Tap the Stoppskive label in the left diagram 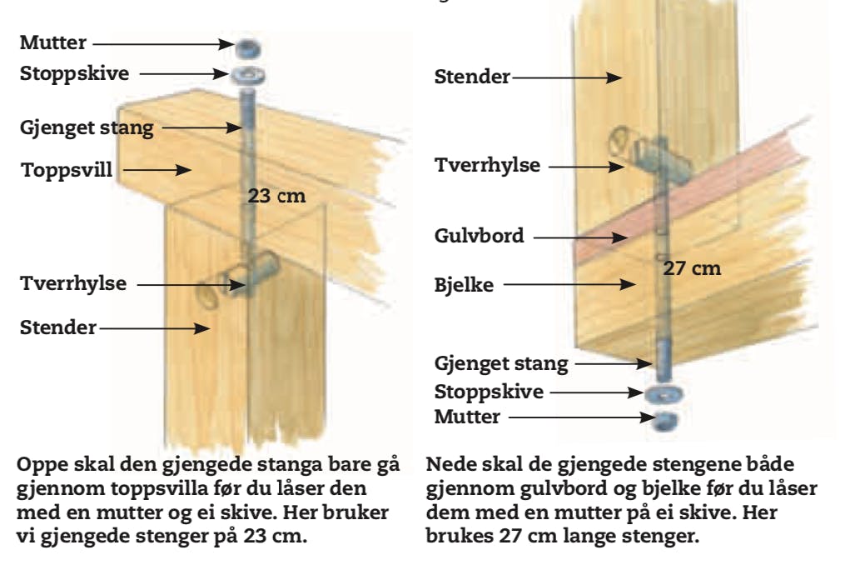pyautogui.click(x=74, y=73)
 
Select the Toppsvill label pyautogui.click(x=67, y=170)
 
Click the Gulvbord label pyautogui.click(x=479, y=236)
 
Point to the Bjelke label pyautogui.click(x=465, y=285)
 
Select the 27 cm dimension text pyautogui.click(x=692, y=268)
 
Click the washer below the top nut pyautogui.click(x=248, y=76)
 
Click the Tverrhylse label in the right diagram pyautogui.click(x=487, y=165)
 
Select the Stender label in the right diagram pyautogui.click(x=472, y=77)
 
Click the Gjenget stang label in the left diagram pyautogui.click(x=87, y=127)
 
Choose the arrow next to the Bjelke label pyautogui.click(x=566, y=285)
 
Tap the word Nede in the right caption pyautogui.click(x=449, y=463)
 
